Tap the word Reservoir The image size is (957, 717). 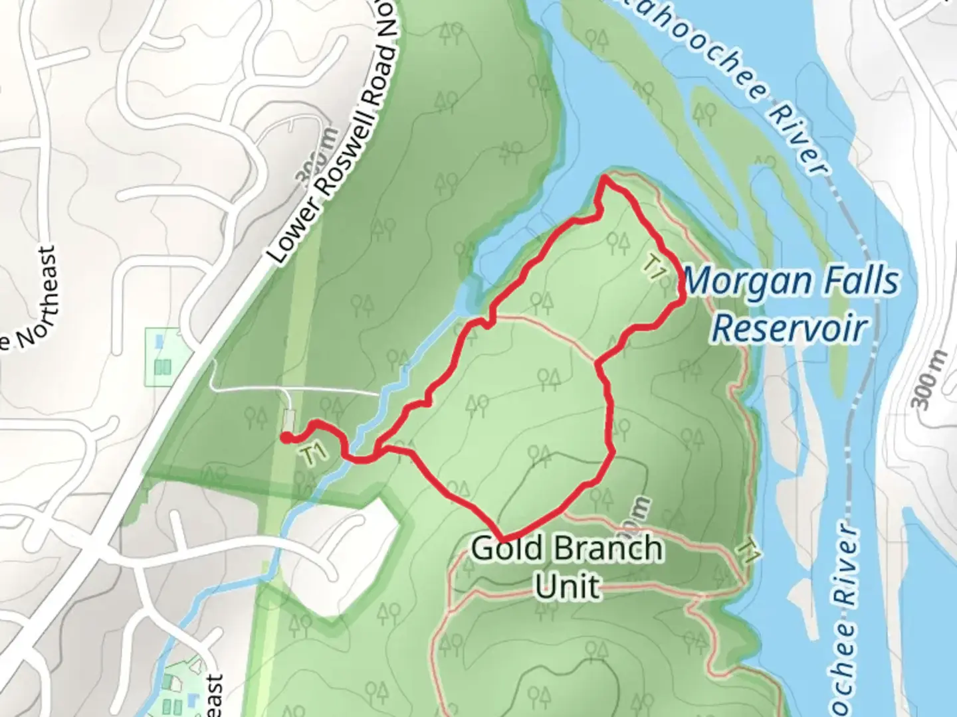[790, 329]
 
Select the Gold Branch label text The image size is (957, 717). [566, 550]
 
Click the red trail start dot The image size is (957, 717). [284, 437]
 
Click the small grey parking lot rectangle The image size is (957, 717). [289, 420]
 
